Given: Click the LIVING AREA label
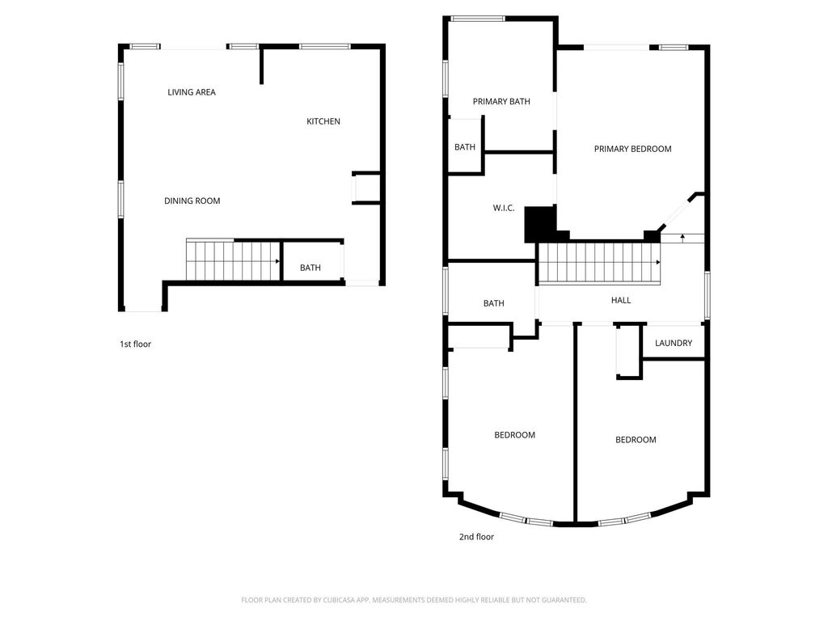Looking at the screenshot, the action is (191, 92).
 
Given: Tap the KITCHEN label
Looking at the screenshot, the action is (323, 121).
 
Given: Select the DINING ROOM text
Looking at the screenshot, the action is (192, 201).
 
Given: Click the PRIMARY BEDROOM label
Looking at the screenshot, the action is (632, 149).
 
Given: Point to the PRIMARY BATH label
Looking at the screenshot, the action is (501, 101).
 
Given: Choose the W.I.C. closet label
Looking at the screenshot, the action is (504, 208).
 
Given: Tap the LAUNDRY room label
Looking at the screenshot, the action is (674, 343).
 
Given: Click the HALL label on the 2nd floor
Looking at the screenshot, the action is (621, 300).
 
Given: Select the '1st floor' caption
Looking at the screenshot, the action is (135, 344).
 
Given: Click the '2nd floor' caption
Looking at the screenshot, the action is (476, 537).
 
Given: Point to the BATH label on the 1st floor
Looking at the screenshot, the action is (310, 268).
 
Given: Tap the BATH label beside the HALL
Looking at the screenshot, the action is (494, 303).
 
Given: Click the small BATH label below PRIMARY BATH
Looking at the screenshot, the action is (465, 147).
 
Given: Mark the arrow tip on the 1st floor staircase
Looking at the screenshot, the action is (279, 261).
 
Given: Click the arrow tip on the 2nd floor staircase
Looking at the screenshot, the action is (659, 262).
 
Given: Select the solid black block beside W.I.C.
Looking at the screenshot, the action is (539, 224).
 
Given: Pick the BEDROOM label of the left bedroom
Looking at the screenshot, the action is (515, 435).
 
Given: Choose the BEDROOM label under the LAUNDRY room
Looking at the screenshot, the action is (636, 440).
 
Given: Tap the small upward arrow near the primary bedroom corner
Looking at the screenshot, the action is (682, 238).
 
